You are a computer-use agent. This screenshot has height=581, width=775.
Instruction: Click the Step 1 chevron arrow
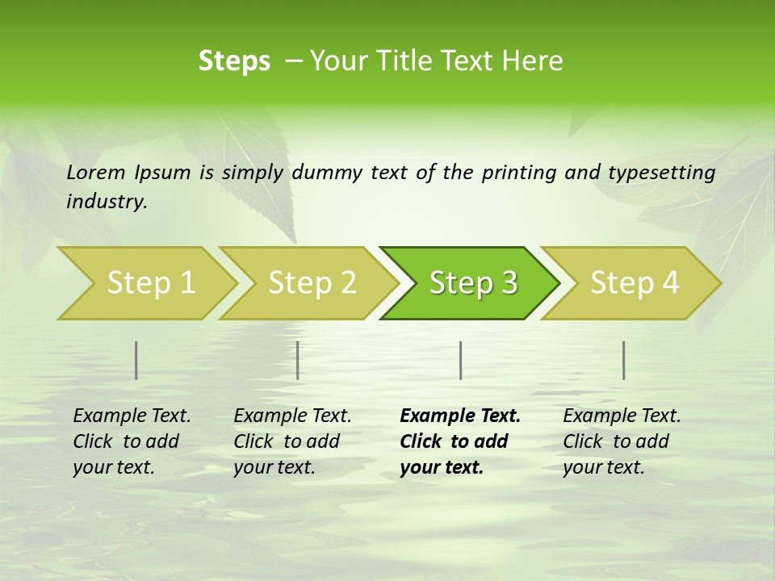(x=150, y=283)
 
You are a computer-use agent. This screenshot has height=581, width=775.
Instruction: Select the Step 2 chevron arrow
(x=312, y=283)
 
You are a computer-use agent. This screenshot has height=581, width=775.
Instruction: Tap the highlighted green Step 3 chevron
(x=473, y=283)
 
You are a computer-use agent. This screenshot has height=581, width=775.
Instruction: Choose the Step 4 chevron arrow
(x=635, y=283)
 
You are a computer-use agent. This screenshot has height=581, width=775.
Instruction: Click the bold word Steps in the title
(x=234, y=61)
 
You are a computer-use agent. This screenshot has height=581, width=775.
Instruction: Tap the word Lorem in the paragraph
(x=96, y=172)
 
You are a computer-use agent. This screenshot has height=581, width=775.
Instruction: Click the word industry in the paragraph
(x=106, y=201)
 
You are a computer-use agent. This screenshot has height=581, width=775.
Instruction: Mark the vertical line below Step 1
(x=136, y=360)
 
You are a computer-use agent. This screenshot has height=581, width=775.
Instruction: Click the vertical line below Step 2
(x=298, y=360)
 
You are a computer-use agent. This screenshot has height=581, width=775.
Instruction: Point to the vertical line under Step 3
(x=460, y=360)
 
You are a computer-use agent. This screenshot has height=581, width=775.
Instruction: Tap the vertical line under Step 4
(x=624, y=360)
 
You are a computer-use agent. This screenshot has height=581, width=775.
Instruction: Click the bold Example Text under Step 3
(x=460, y=416)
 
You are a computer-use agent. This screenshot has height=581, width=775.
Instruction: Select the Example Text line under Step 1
(x=132, y=416)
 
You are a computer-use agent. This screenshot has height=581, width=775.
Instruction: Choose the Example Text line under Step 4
(x=622, y=416)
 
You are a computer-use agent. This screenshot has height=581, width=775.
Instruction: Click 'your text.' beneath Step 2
(x=274, y=467)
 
